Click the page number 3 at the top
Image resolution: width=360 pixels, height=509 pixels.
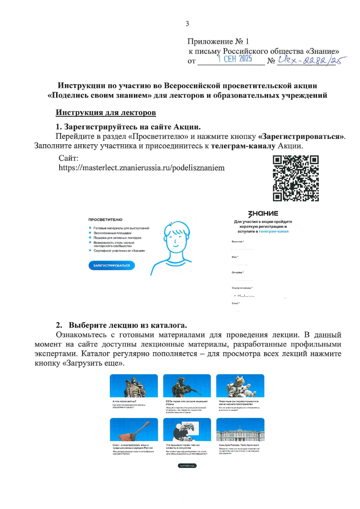pyautogui.click(x=187, y=24)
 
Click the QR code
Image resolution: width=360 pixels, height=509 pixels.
pyautogui.click(x=296, y=178)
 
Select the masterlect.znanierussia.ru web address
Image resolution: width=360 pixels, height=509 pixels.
pyautogui.click(x=142, y=167)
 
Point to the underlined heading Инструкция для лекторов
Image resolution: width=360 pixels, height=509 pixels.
pyautogui.click(x=105, y=112)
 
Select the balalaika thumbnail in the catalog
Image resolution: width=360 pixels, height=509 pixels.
pyautogui.click(x=133, y=430)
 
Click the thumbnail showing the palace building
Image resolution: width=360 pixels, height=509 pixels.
pyautogui.click(x=240, y=430)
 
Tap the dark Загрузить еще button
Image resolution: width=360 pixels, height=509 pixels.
pyautogui.click(x=187, y=465)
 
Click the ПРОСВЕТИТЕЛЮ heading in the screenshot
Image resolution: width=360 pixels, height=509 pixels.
pyautogui.click(x=105, y=219)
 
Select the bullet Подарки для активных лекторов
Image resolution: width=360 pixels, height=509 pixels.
pyautogui.click(x=118, y=238)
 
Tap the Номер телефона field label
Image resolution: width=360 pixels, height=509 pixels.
pyautogui.click(x=242, y=288)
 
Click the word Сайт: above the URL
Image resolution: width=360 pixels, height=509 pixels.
pyautogui.click(x=69, y=158)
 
